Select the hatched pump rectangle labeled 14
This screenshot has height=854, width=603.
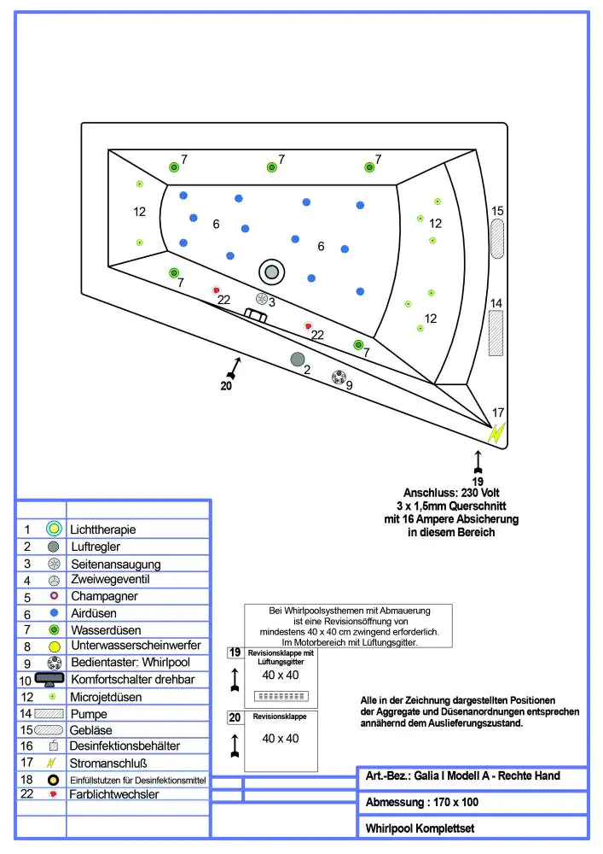[496, 332]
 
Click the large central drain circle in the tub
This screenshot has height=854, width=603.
[272, 272]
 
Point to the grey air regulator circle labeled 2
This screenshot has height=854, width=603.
[298, 359]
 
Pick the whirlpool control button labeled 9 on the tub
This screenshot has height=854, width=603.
[339, 377]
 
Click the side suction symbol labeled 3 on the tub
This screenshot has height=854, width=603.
[262, 299]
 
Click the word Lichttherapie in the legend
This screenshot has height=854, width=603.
[103, 529]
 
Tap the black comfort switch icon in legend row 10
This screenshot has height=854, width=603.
[50, 679]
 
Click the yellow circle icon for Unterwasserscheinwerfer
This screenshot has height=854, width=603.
[54, 646]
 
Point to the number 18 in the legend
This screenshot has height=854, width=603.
[27, 779]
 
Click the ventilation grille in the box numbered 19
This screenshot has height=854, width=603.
[281, 694]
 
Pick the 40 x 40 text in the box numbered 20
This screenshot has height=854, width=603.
[281, 738]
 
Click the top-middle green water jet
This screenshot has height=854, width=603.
[272, 167]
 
